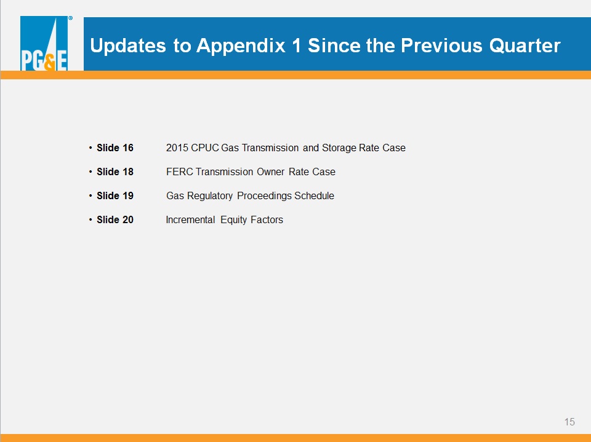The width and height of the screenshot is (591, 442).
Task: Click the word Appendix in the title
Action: [241, 46]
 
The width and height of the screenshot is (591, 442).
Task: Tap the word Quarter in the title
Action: [525, 46]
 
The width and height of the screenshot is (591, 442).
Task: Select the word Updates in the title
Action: [128, 46]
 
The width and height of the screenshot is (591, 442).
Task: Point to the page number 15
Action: [569, 422]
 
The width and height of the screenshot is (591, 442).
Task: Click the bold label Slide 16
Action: [115, 148]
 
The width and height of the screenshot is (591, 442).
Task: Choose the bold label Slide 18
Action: [115, 172]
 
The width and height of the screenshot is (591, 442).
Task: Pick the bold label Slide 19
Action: [115, 195]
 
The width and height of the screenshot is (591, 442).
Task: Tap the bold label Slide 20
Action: [115, 220]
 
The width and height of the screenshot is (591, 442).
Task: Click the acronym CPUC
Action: [204, 148]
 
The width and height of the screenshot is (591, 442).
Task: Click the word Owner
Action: [271, 172]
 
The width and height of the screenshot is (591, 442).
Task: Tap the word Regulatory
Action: [210, 196]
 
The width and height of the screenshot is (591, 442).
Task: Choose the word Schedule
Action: [314, 195]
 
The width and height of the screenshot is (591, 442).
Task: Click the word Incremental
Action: [190, 220]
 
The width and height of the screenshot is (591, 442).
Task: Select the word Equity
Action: [234, 220]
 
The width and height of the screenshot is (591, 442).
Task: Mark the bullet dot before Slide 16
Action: [90, 148]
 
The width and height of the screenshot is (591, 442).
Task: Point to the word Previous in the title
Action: [441, 46]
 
